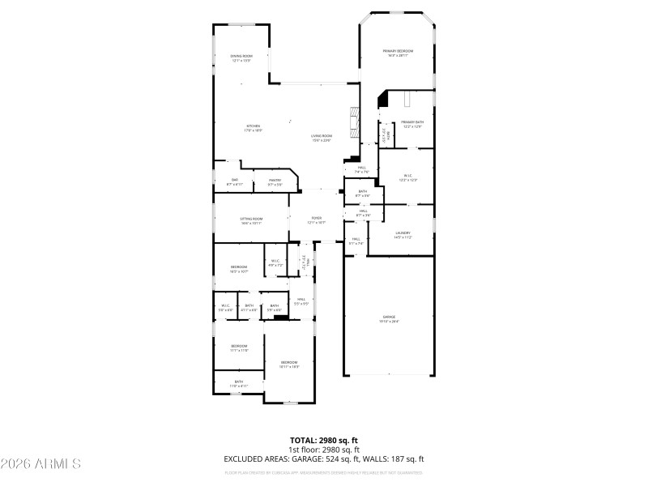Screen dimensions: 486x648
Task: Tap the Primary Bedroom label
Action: [395, 53]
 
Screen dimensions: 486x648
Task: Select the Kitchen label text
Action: [254, 127]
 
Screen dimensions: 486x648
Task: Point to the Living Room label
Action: [322, 138]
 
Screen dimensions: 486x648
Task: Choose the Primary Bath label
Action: [411, 124]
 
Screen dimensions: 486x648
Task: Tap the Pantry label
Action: [275, 183]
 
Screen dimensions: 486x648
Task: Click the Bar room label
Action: [234, 181]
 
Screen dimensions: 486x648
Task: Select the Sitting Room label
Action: [251, 220]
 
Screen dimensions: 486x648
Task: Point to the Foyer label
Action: [316, 220]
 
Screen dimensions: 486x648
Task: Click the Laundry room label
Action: [403, 235]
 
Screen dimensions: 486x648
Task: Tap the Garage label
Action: [389, 318]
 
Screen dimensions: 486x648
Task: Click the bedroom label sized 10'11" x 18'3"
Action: [289, 364]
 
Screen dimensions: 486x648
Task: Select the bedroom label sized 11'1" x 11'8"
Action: [239, 347]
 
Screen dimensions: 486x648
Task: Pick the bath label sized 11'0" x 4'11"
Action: [239, 383]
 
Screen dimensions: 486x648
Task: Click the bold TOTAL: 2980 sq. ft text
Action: [323, 441]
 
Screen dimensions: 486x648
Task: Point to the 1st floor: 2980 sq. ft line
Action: [323, 450]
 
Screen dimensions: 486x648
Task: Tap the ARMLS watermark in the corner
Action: [40, 465]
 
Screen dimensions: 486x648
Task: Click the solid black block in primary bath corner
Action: [384, 99]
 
